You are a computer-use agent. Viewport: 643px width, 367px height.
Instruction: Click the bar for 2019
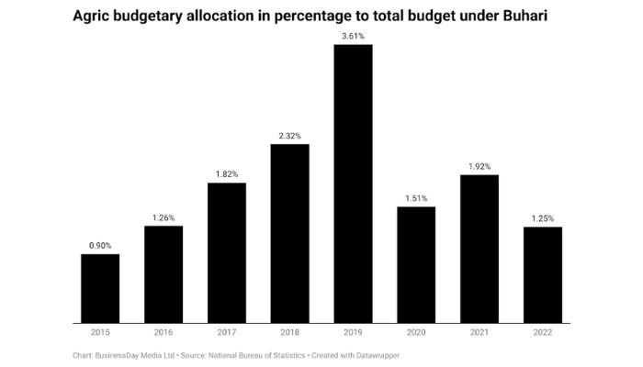point(353,183)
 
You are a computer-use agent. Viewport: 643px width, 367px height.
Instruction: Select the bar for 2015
point(100,288)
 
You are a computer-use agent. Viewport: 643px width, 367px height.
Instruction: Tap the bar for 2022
point(543,274)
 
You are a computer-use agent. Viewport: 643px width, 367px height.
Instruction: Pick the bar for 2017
point(227,252)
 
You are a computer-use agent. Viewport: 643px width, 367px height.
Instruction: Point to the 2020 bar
point(416,264)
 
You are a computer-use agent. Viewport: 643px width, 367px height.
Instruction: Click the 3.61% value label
point(353,36)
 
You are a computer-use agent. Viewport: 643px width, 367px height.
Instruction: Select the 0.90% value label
point(100,245)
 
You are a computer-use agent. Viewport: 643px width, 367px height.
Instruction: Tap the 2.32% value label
point(290,136)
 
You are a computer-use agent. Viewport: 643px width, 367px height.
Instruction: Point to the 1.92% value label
point(479,166)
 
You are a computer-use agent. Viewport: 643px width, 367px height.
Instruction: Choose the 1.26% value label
point(164,217)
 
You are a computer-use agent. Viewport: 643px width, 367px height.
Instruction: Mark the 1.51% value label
point(416,197)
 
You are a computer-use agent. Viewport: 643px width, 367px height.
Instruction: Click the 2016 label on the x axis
point(164,332)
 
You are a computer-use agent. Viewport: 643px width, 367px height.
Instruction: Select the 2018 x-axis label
point(290,332)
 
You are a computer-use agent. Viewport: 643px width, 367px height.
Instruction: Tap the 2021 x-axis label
point(479,332)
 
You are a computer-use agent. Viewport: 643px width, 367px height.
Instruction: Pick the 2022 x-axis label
point(543,332)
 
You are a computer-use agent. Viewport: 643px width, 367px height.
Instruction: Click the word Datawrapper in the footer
point(378,354)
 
